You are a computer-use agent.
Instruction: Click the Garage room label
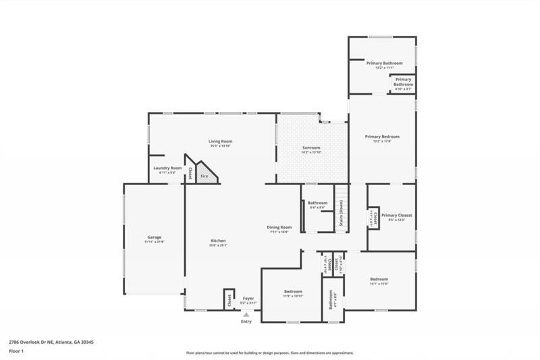(x=154, y=238)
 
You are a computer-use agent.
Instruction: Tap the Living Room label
(x=221, y=141)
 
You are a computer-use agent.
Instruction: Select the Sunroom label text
(x=311, y=148)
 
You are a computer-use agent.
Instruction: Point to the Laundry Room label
(x=167, y=168)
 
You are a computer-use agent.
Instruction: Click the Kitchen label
(x=218, y=241)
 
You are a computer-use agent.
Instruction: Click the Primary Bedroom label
(x=382, y=137)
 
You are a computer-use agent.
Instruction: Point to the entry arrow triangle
(x=246, y=314)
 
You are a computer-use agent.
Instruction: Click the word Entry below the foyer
(x=246, y=321)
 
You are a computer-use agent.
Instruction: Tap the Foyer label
(x=248, y=297)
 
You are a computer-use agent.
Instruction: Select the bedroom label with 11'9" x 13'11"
(x=292, y=292)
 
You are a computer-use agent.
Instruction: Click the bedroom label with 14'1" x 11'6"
(x=379, y=280)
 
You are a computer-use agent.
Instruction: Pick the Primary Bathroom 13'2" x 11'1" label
(x=384, y=63)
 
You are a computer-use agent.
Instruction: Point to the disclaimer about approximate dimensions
(x=270, y=353)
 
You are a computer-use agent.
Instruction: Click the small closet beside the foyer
(x=229, y=298)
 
